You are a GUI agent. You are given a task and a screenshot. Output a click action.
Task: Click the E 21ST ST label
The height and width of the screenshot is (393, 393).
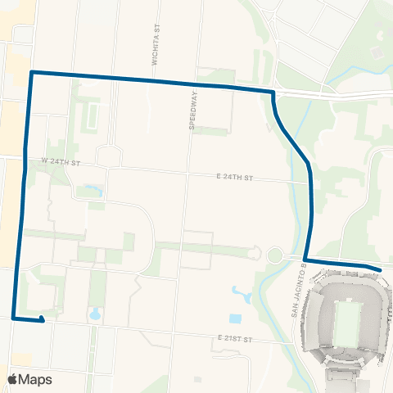238,337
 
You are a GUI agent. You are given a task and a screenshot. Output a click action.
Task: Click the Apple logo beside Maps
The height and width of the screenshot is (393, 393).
14,379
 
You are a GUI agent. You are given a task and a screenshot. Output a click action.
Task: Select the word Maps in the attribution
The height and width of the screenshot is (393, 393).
37,379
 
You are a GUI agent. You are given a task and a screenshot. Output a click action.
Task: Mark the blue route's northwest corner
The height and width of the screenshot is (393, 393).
31,73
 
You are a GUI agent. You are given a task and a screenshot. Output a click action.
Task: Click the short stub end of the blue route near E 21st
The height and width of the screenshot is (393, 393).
43,321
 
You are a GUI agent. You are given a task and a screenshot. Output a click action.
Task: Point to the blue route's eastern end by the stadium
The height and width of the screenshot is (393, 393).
381,269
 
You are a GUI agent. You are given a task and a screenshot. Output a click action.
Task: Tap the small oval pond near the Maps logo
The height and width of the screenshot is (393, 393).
95,313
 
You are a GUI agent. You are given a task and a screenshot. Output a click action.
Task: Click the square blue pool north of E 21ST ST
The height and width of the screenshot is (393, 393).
236,318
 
